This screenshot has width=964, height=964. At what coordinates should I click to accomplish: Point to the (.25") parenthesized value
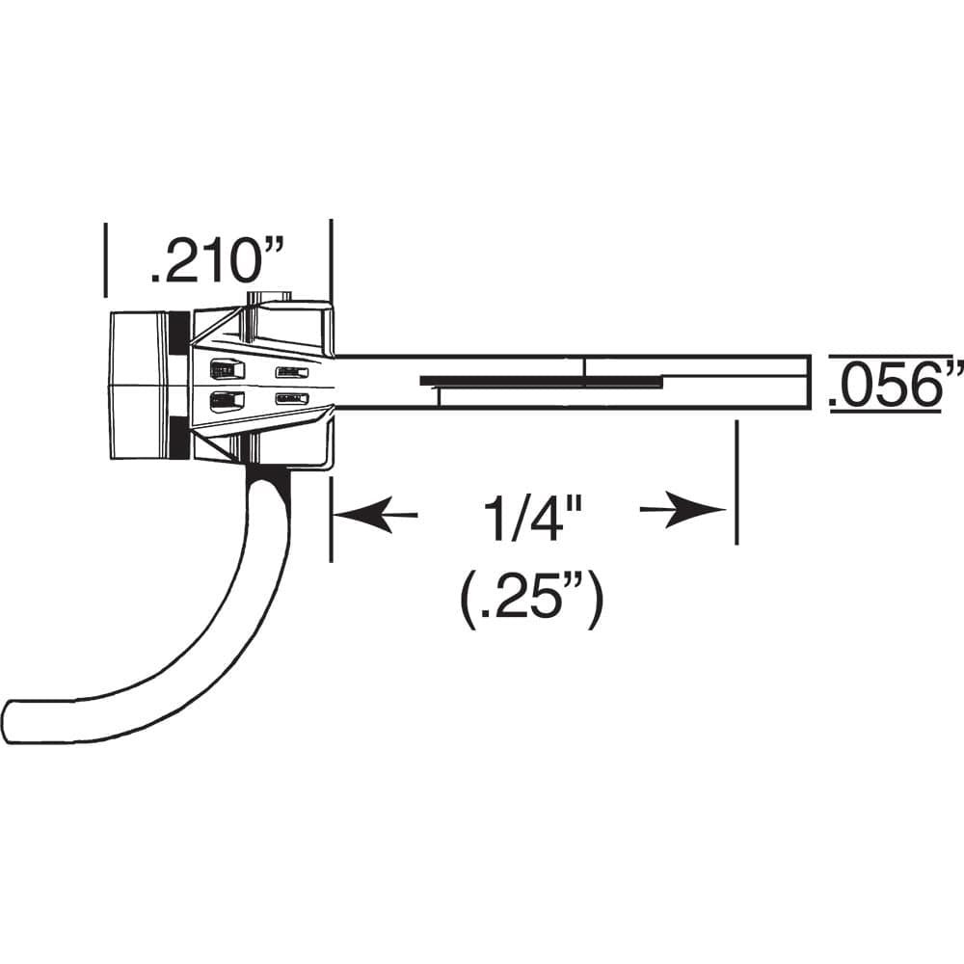click(x=532, y=600)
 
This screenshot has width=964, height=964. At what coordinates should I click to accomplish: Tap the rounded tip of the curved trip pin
click(x=13, y=720)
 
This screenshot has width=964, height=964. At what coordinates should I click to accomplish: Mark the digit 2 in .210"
click(x=180, y=261)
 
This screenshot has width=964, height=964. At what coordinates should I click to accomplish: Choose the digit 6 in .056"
click(x=920, y=386)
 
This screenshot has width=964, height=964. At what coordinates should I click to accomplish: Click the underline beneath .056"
click(x=885, y=412)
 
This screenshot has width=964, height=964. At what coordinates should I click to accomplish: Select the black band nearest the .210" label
click(x=179, y=333)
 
